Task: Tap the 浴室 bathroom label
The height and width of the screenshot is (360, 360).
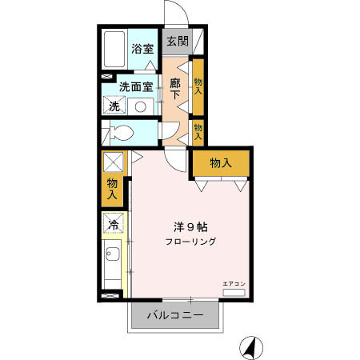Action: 142,49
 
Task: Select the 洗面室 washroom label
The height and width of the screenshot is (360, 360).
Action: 136,86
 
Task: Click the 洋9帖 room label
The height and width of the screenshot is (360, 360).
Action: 191,226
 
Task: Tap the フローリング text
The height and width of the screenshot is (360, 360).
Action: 191,242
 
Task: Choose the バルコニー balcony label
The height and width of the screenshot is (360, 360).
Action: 175,315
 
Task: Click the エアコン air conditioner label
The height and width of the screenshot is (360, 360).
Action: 234,283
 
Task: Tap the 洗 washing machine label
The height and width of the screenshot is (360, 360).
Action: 114,106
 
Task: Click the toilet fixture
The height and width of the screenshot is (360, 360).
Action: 122,133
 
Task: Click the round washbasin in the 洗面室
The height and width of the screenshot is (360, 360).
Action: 139,106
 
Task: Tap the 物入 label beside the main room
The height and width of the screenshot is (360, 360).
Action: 221,163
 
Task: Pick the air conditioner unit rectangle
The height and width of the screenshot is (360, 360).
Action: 234,293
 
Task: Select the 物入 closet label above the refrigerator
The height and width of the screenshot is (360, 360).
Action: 112,189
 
